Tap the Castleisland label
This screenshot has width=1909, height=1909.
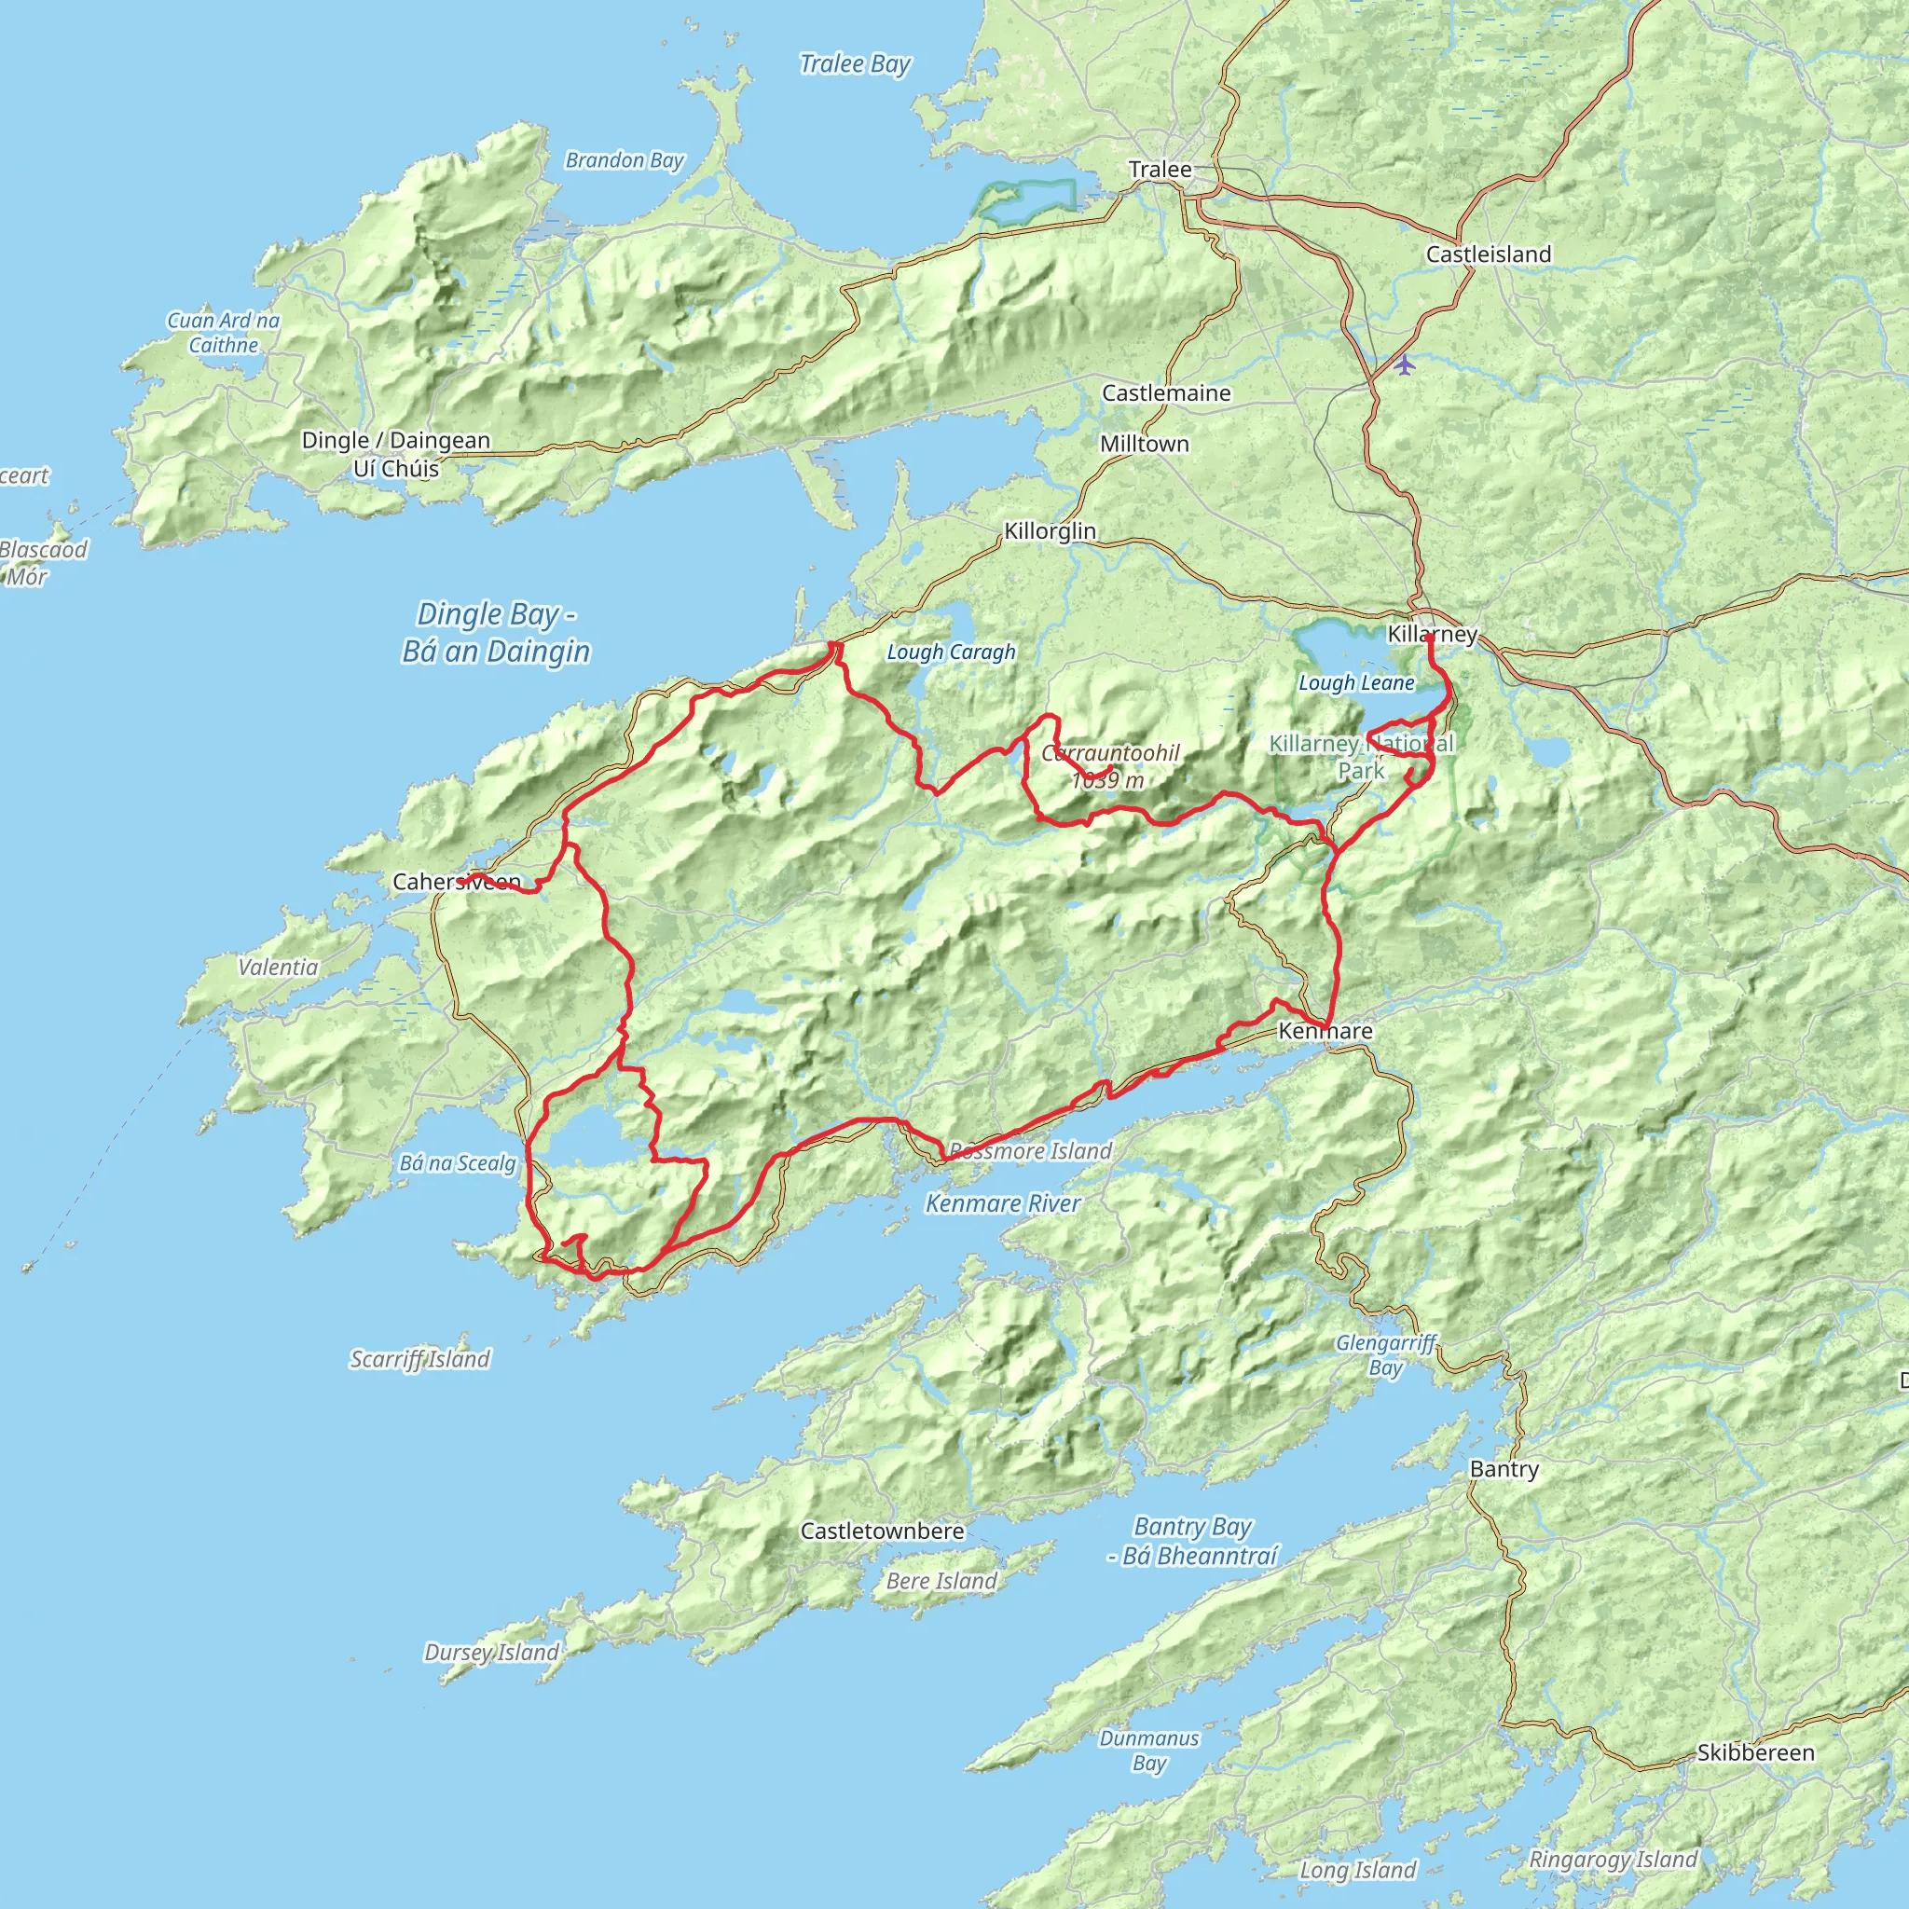tap(1488, 254)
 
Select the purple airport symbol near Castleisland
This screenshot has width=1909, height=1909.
tap(1405, 364)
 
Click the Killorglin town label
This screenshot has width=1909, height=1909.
tap(1050, 530)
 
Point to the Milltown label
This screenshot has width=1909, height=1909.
tap(1145, 444)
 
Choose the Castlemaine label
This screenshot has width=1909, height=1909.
tap(1166, 392)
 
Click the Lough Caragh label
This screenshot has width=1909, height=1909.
tap(951, 652)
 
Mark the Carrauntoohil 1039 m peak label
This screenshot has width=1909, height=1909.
tap(1109, 767)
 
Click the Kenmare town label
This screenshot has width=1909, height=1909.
tap(1325, 1032)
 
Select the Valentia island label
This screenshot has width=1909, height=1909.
tap(279, 968)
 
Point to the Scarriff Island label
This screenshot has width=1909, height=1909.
tap(420, 1360)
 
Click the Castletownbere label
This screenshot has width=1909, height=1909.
tap(882, 1531)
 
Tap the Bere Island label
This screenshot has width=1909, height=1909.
tap(941, 1581)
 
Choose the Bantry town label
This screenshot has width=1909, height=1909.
tap(1504, 1469)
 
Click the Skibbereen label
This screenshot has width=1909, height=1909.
tap(1756, 1753)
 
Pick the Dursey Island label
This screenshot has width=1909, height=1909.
tap(491, 1652)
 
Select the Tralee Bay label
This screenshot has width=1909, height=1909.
tap(855, 64)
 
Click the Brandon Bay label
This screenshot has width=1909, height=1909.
tap(625, 160)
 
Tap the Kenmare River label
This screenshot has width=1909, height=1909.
tap(1003, 1203)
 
